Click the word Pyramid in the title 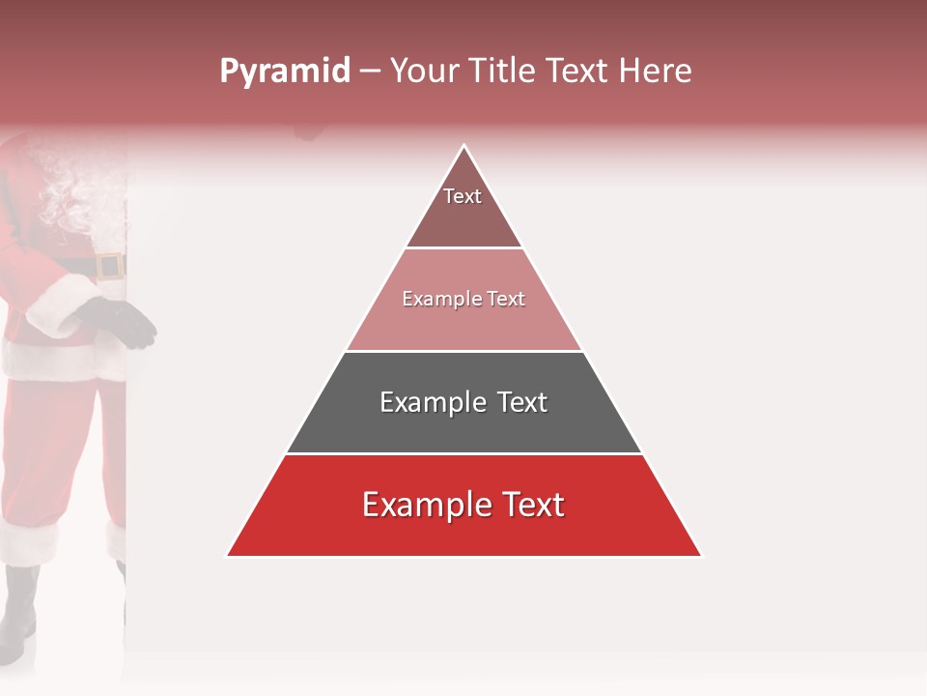click(x=285, y=72)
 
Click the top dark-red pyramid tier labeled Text click(x=463, y=208)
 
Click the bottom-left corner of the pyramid click(x=229, y=555)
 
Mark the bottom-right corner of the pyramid click(x=700, y=555)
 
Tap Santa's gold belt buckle click(x=110, y=266)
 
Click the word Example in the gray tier click(x=433, y=402)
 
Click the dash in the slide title click(x=370, y=72)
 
